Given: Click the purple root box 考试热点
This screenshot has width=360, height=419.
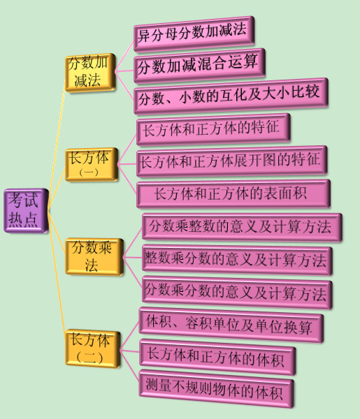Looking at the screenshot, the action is tap(26, 211).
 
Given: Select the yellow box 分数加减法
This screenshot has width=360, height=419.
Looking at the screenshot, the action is tap(90, 73).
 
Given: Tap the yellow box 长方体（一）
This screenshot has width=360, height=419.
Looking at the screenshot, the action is tap(92, 164).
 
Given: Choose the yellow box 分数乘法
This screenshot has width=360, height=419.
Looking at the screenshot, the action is tap(94, 256).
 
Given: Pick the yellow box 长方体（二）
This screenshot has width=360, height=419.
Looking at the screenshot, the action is tap(92, 348).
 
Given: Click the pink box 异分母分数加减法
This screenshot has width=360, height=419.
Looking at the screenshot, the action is tap(194, 34).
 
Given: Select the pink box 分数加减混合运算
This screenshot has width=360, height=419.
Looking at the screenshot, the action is tap(199, 66).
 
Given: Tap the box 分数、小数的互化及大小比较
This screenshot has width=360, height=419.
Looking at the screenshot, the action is tap(231, 96).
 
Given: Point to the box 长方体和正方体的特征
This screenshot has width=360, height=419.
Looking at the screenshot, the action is tap(213, 129).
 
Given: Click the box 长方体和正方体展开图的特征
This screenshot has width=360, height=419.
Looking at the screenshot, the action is tap(231, 161).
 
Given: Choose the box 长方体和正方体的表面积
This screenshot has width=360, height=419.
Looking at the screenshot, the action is tap(233, 193).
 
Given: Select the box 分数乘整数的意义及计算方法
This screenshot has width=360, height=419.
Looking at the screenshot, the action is tap(242, 228).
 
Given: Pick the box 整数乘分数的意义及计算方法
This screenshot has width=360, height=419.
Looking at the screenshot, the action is tap(237, 260).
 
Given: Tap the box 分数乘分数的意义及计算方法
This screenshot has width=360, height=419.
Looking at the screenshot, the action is tap(237, 293).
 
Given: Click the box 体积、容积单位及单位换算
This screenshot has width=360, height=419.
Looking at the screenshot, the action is tap(231, 325).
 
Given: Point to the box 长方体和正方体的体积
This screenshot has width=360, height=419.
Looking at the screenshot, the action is tap(217, 358).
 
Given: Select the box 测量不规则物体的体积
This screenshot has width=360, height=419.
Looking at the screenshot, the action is tap(217, 389).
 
